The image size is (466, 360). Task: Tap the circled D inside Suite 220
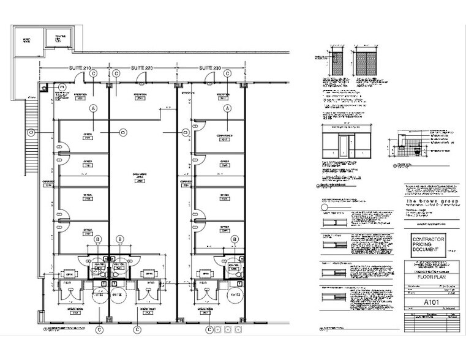[x=123, y=131]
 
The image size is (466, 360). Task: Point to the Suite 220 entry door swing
[x=141, y=77]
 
